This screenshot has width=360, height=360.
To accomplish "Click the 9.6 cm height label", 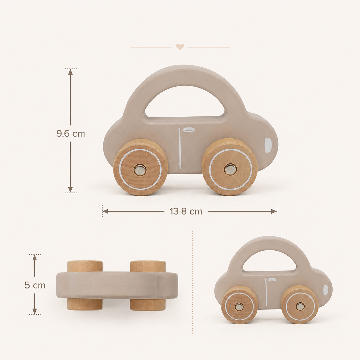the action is [71, 134].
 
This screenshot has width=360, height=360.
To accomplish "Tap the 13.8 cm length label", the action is [186, 211].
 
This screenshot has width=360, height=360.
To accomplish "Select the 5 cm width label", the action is [35, 285].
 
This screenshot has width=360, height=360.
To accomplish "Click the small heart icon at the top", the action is [180, 47].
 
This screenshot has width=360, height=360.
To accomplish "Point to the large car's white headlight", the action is [268, 143].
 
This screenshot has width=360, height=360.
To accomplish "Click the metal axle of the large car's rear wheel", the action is [140, 170].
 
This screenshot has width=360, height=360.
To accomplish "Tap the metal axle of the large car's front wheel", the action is [230, 169].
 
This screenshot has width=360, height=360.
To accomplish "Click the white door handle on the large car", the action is [189, 130].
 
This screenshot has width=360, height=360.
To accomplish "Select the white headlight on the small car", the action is [326, 290].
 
